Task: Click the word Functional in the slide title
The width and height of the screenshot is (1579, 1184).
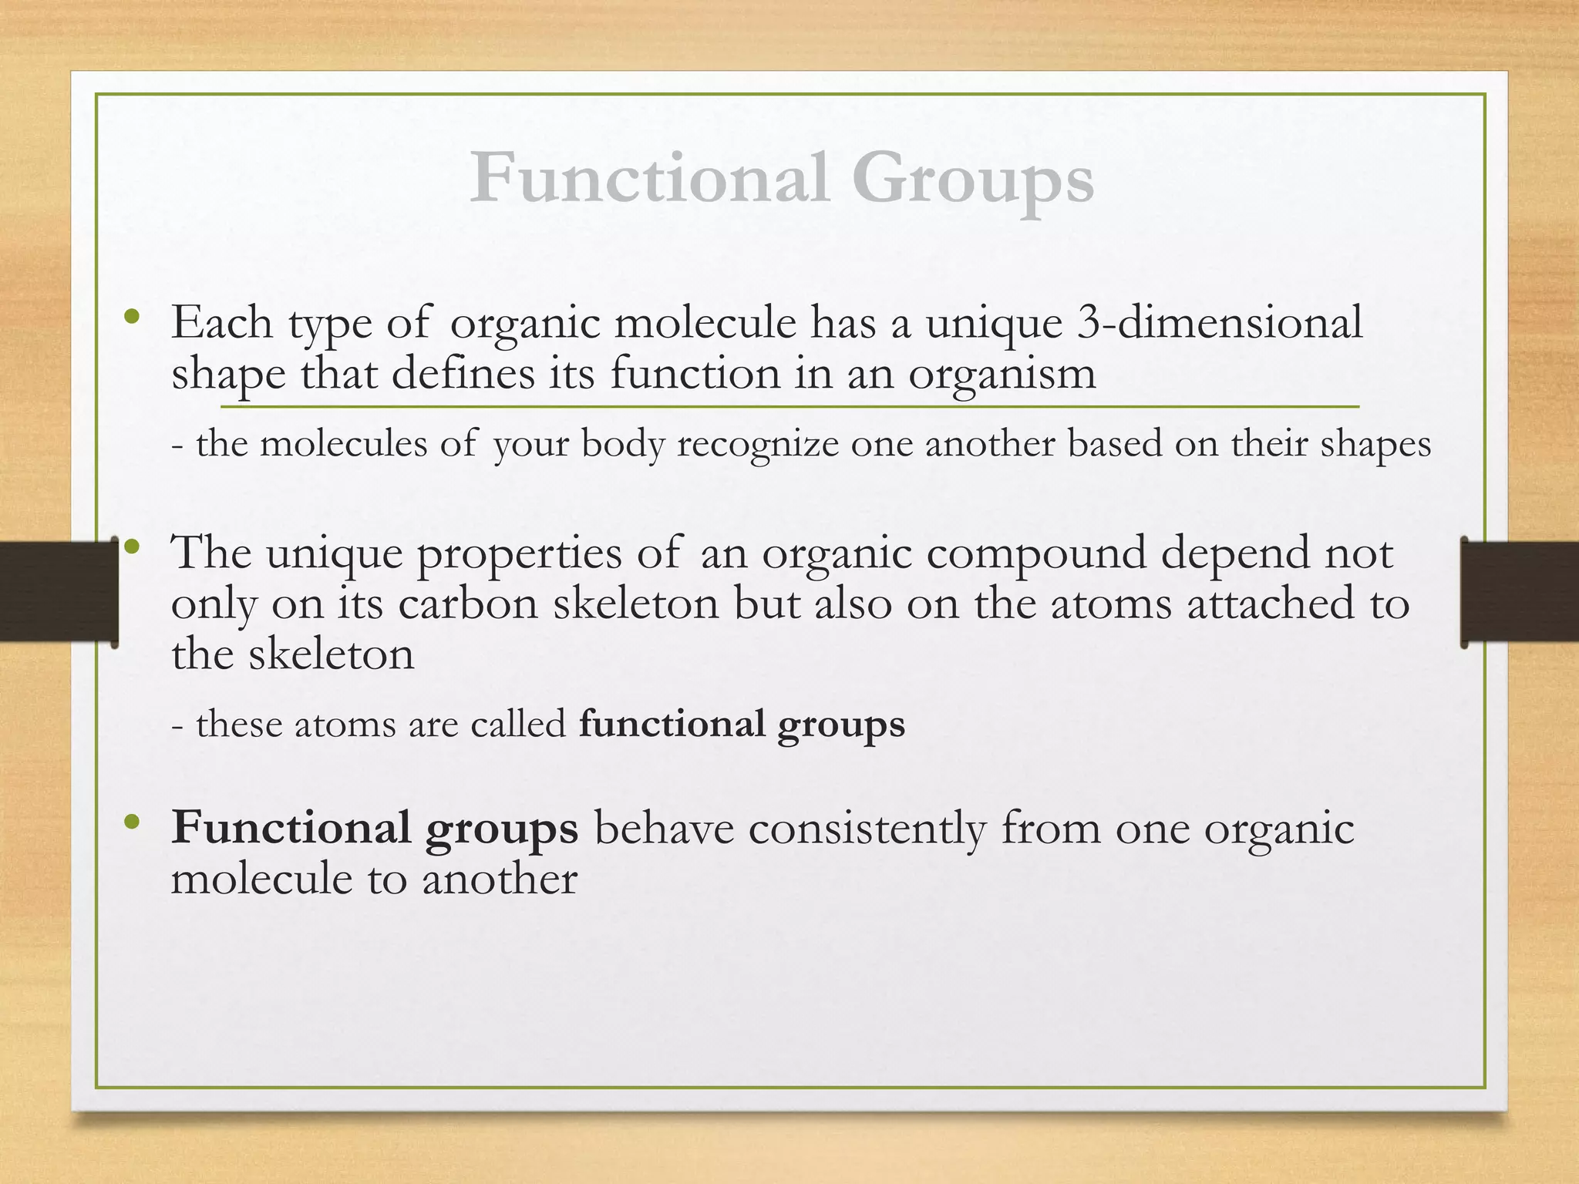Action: [649, 179]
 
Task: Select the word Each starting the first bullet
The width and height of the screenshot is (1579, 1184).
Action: [222, 322]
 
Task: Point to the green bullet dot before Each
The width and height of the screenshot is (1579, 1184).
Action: [133, 315]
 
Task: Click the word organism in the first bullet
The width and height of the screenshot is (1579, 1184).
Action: [1002, 375]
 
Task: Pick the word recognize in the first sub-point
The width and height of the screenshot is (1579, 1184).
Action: [757, 445]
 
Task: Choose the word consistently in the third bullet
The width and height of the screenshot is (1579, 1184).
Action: [867, 829]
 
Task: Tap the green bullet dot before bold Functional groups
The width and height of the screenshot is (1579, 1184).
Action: [133, 822]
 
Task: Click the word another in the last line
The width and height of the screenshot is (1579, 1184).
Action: [499, 879]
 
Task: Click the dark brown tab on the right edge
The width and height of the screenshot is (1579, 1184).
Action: [1520, 592]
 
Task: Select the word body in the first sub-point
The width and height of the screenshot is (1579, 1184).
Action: [622, 445]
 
